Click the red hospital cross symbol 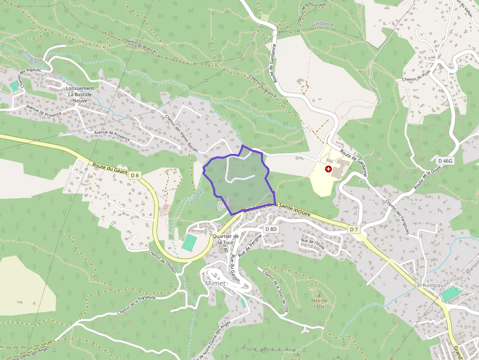click(x=328, y=169)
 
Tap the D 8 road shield click(x=135, y=175)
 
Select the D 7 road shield click(x=354, y=229)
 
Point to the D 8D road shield click(x=271, y=229)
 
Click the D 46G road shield click(x=445, y=161)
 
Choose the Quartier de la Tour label click(x=225, y=239)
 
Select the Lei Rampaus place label click(x=424, y=285)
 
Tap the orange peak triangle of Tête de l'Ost click(x=319, y=296)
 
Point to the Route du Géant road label click(x=109, y=169)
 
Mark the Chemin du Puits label click(x=416, y=78)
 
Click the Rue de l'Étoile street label click(x=313, y=242)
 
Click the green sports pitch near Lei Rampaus click(x=451, y=294)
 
